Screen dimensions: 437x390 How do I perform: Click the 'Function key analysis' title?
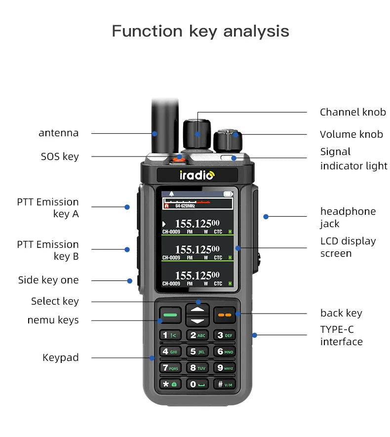coord(200,31)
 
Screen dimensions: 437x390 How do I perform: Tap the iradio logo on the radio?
coord(197,175)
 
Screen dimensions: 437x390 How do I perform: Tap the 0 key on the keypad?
coord(197,384)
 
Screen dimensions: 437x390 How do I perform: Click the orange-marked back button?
coord(225,314)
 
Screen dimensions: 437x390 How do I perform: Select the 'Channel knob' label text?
coord(352,112)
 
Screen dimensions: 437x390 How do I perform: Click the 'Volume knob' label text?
coord(351,134)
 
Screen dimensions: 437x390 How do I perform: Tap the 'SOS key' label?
coord(60,157)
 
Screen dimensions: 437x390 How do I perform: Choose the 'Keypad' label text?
coord(60,358)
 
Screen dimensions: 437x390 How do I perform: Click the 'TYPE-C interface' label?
coord(341,335)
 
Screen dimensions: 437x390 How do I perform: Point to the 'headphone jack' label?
coord(348,217)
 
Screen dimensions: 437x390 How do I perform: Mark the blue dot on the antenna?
coord(155,133)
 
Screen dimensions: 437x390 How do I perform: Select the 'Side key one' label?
coord(48,280)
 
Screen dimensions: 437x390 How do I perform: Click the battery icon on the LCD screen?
coord(228,194)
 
